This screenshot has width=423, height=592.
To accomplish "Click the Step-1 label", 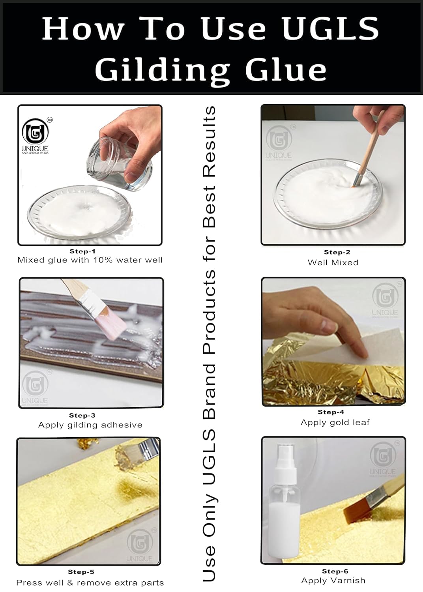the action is [x=82, y=251].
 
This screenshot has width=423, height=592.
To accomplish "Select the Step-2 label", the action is [x=337, y=252].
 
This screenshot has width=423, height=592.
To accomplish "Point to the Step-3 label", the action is [x=82, y=416].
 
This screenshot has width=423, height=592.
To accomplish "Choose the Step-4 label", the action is [x=331, y=412].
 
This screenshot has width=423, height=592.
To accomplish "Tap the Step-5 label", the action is [x=81, y=572].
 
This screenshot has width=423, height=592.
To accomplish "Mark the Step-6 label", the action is [x=335, y=571].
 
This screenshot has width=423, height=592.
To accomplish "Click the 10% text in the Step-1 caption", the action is [x=103, y=260].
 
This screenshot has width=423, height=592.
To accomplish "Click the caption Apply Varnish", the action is [x=333, y=581].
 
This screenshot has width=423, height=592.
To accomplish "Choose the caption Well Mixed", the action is [x=333, y=262].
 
